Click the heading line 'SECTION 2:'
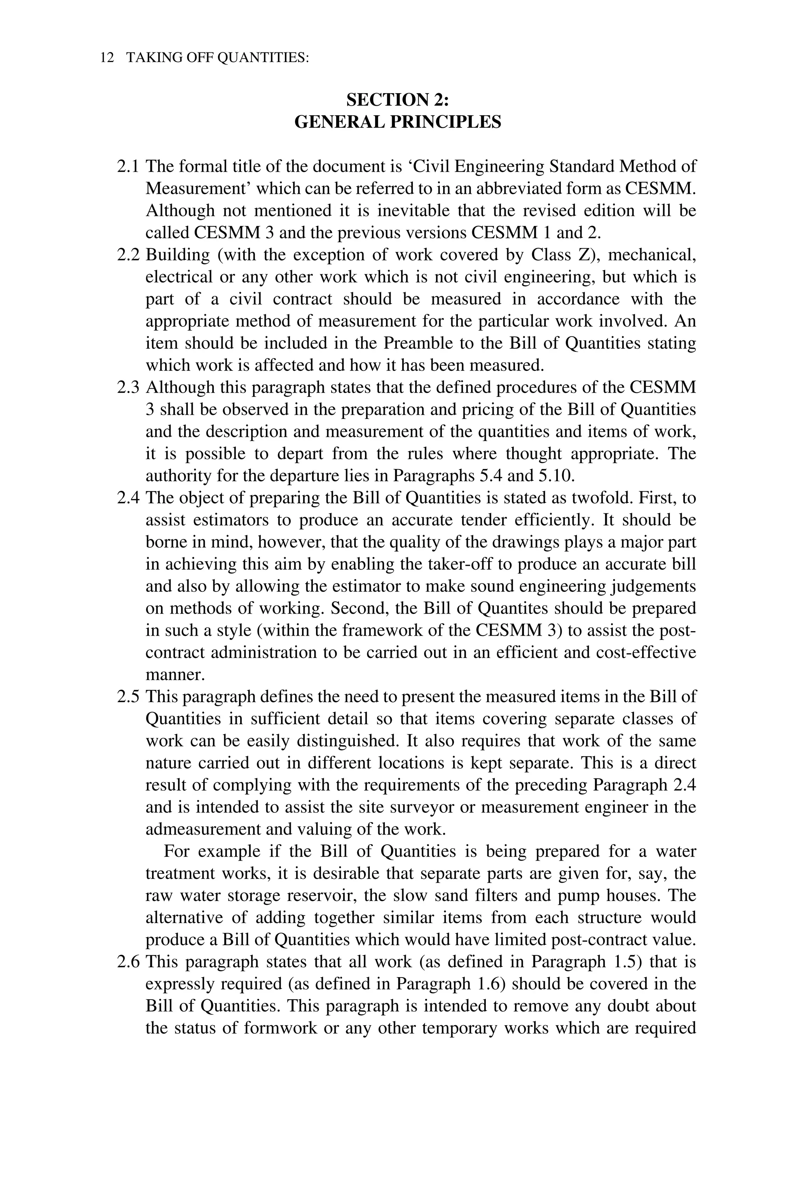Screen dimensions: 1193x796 click(x=398, y=100)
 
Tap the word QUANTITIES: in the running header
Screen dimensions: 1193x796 click(x=263, y=58)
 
